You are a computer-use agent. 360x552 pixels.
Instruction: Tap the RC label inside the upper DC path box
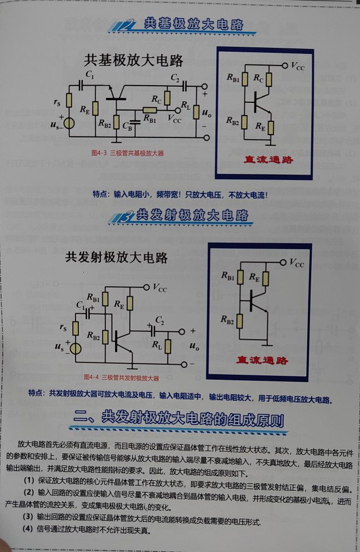(x=258, y=79)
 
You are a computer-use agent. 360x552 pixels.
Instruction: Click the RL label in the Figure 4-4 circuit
(x=157, y=345)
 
